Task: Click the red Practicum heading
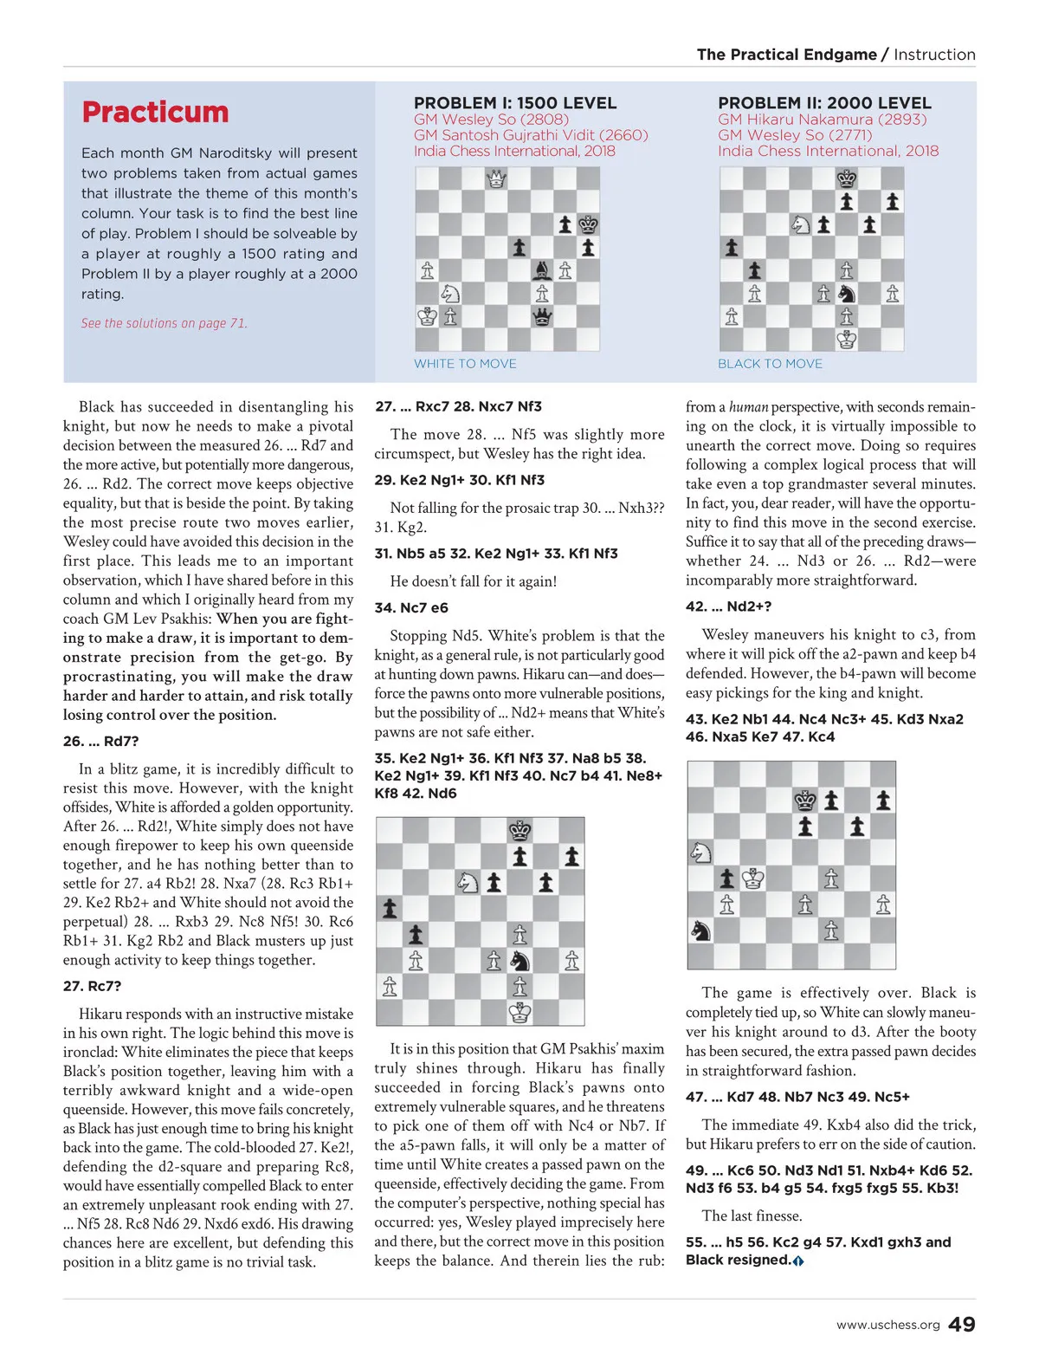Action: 155,113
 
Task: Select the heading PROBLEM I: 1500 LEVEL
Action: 515,103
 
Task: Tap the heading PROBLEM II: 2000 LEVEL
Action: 824,103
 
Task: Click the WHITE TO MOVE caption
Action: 465,364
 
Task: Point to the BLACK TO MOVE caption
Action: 770,364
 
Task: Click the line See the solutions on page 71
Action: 164,323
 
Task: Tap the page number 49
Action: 961,1325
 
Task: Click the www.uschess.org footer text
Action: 887,1326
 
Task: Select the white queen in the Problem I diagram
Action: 496,179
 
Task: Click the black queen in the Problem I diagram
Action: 542,316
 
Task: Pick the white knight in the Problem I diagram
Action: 450,294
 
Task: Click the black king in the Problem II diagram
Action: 847,179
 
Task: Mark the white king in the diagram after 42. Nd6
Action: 519,1011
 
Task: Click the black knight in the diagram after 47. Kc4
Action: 700,930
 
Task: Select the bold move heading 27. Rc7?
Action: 92,986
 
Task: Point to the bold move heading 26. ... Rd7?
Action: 100,742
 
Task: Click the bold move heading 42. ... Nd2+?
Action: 728,606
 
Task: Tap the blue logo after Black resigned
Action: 798,1261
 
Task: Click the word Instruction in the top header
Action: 934,55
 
